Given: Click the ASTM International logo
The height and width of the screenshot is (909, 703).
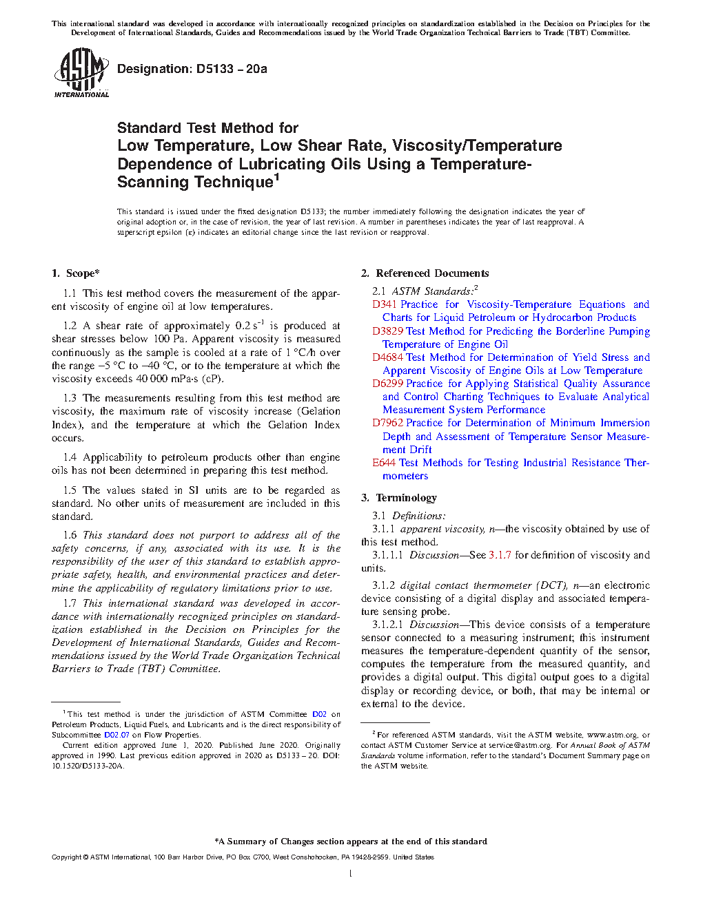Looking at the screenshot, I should point(81,72).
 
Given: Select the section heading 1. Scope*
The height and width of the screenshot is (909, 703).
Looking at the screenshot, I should point(75,273).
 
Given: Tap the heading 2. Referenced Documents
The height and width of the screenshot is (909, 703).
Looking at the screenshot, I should point(425,273).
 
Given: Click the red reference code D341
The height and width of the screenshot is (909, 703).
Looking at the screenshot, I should point(384,304).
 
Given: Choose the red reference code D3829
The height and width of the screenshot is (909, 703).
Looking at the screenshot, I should point(387,331).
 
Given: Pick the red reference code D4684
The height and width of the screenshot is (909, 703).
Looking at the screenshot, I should point(387,357).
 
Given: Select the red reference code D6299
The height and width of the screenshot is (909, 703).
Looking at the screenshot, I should point(387,384).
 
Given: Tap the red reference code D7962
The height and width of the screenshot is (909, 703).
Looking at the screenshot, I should point(387,423).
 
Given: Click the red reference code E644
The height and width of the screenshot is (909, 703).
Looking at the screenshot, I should point(384,463).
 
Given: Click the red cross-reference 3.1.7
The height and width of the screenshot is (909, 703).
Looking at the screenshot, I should point(500,555).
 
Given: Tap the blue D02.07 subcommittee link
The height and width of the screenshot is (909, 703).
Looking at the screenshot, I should point(116,735).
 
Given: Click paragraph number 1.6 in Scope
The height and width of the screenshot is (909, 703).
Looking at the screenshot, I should point(70,535).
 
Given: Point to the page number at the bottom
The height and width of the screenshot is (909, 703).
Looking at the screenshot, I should point(351,874).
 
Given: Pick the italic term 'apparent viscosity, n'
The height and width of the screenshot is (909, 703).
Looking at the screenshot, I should point(447,529).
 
